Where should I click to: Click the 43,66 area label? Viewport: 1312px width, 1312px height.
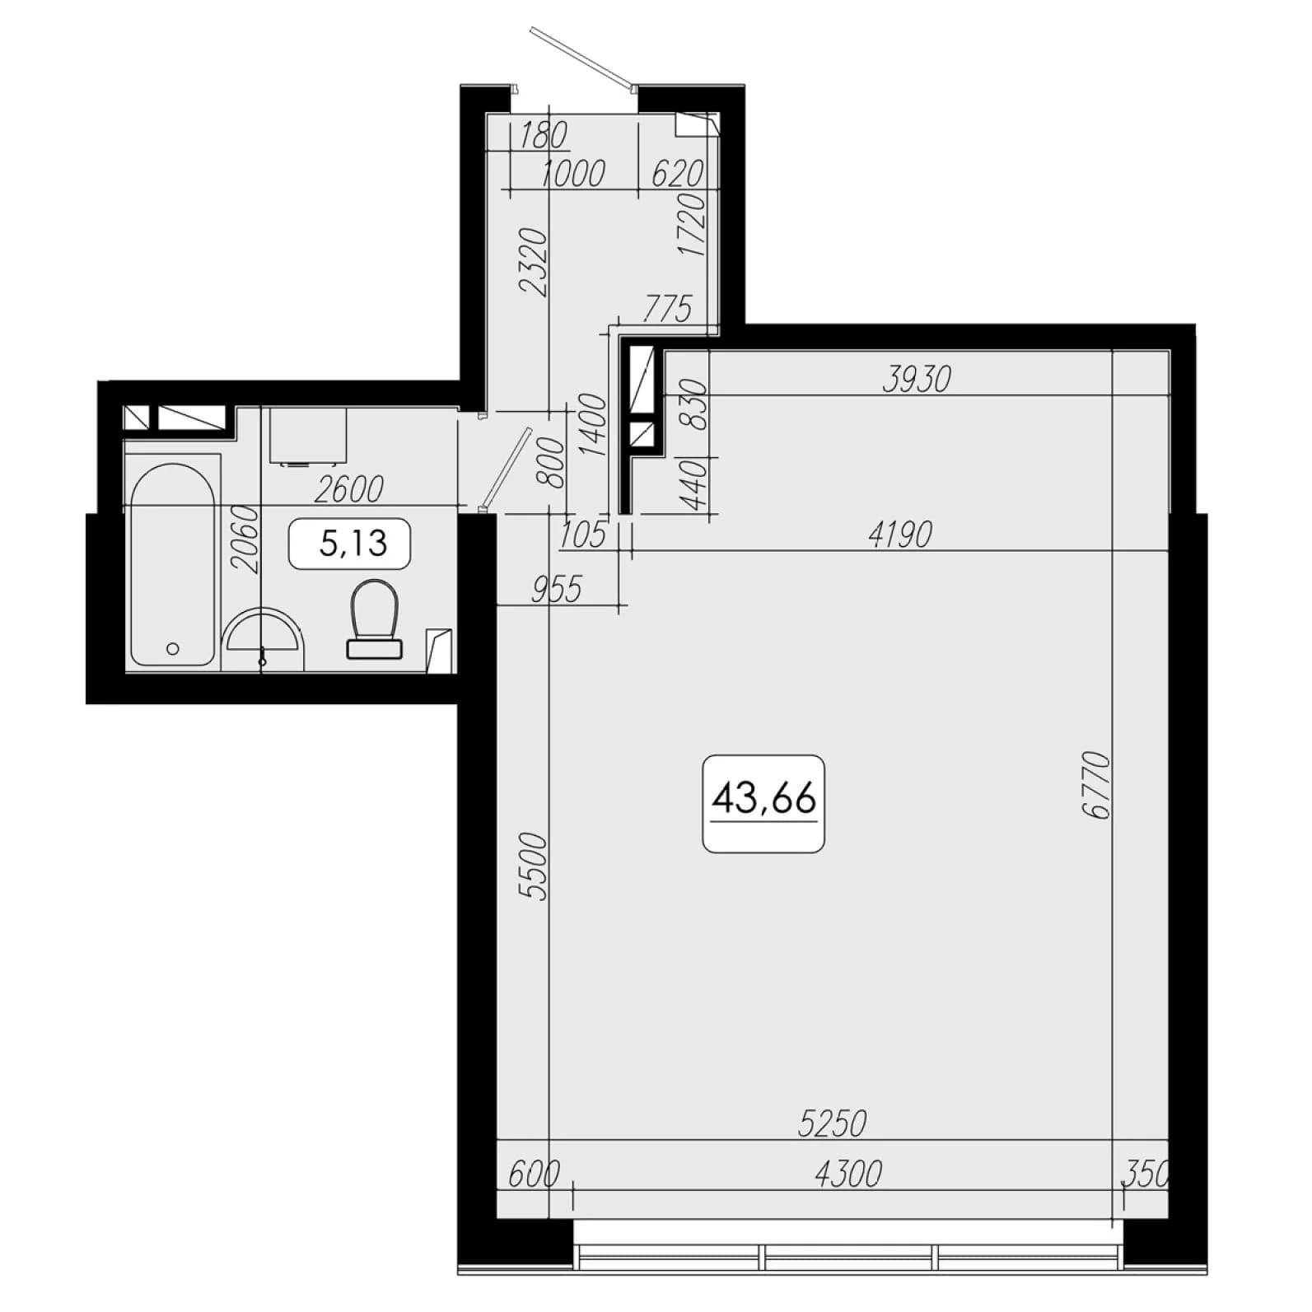763,798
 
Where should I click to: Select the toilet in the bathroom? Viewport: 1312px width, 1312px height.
374,619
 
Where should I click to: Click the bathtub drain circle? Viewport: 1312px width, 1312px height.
173,649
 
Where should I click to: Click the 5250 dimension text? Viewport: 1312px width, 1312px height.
833,1123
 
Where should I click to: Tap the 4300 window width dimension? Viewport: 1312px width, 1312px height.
847,1174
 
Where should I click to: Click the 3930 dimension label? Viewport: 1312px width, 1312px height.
916,379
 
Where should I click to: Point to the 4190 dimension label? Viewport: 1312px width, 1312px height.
900,535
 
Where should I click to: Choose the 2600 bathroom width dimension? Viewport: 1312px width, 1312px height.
349,489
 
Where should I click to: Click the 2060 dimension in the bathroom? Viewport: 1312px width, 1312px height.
245,539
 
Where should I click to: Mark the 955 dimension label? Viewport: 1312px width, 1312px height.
556,590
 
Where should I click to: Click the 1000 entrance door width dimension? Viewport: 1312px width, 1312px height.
574,174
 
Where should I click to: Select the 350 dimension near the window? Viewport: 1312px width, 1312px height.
1146,1174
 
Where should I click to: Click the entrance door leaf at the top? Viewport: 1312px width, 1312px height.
582,57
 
